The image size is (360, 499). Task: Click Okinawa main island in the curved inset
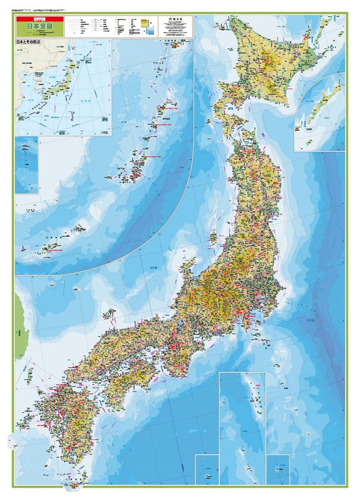point(135,160)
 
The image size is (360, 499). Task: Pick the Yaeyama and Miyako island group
point(50,247)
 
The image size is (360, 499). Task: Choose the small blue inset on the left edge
point(26,164)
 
